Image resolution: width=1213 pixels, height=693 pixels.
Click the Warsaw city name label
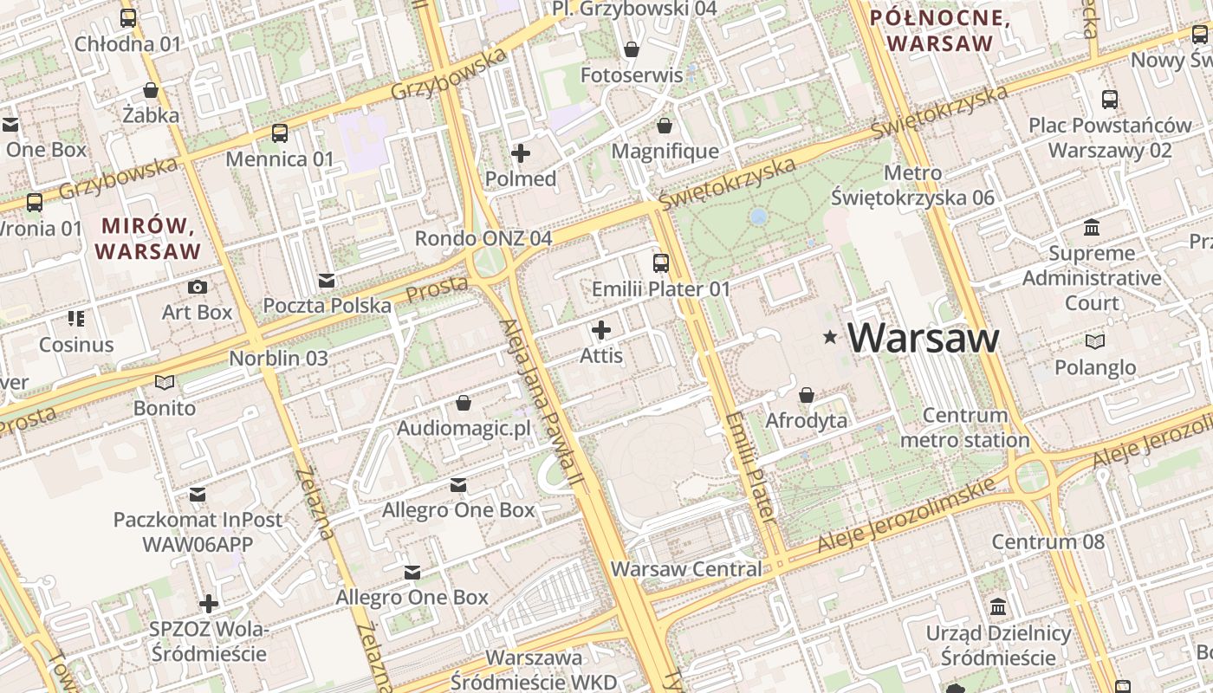point(924,338)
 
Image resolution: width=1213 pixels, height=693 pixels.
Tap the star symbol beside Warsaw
point(831,337)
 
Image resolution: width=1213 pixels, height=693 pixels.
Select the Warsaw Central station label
point(686,569)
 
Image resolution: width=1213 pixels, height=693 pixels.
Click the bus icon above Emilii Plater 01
point(661,262)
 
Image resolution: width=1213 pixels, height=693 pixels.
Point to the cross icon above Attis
point(601,330)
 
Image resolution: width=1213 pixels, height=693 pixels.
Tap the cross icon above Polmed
point(521,153)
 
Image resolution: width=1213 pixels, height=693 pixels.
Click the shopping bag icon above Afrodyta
point(807,395)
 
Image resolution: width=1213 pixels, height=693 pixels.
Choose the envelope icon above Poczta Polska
point(327,280)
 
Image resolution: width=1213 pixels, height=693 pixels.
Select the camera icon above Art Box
point(198,287)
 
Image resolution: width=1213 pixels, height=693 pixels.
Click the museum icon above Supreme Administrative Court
point(1092,228)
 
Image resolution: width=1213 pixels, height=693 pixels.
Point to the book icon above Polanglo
point(1095,342)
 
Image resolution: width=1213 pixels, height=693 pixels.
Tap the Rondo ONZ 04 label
point(483,238)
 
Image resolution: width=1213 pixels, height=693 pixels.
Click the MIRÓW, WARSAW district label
point(148,239)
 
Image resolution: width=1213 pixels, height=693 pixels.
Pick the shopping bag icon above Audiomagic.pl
point(464,403)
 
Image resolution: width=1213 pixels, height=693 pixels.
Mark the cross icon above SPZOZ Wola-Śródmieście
point(209,603)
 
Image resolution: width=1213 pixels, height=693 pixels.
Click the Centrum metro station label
point(964,428)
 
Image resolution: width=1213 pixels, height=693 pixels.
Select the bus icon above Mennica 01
point(280,133)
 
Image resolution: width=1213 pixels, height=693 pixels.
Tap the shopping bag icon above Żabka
point(151,89)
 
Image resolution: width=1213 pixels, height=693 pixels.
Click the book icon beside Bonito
point(165,382)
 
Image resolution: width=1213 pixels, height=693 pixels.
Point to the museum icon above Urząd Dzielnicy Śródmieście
point(998,606)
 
